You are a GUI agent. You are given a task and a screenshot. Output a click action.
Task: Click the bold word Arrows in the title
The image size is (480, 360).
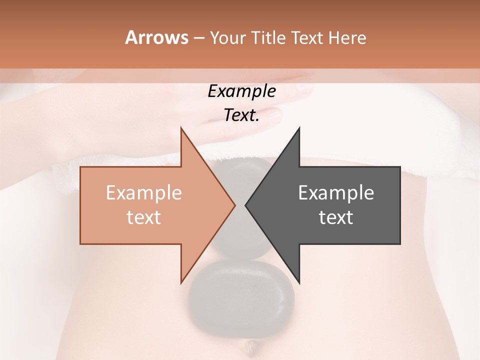156,37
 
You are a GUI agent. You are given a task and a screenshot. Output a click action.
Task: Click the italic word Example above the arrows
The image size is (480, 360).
241,91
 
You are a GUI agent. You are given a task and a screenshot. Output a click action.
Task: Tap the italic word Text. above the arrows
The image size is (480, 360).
241,115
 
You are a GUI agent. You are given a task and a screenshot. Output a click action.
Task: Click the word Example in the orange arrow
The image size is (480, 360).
144,193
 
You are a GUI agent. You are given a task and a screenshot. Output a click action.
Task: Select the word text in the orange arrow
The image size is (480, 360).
144,217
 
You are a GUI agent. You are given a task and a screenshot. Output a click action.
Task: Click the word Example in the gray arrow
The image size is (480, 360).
336,193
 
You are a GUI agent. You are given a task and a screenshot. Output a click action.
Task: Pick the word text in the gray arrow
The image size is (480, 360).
336,217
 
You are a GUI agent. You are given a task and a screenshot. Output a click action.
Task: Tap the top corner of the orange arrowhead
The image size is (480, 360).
181,129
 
